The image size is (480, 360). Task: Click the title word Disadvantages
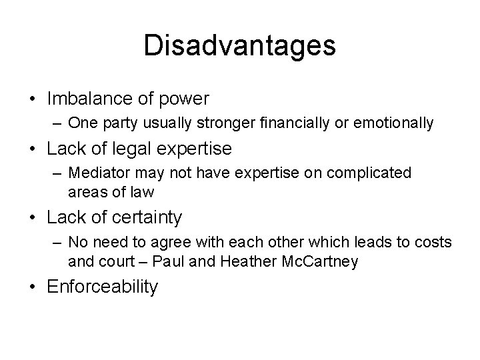tap(239, 45)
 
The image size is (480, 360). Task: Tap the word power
tap(187, 99)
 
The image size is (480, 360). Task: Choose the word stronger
tap(223, 123)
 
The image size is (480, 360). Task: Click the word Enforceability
tap(103, 287)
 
